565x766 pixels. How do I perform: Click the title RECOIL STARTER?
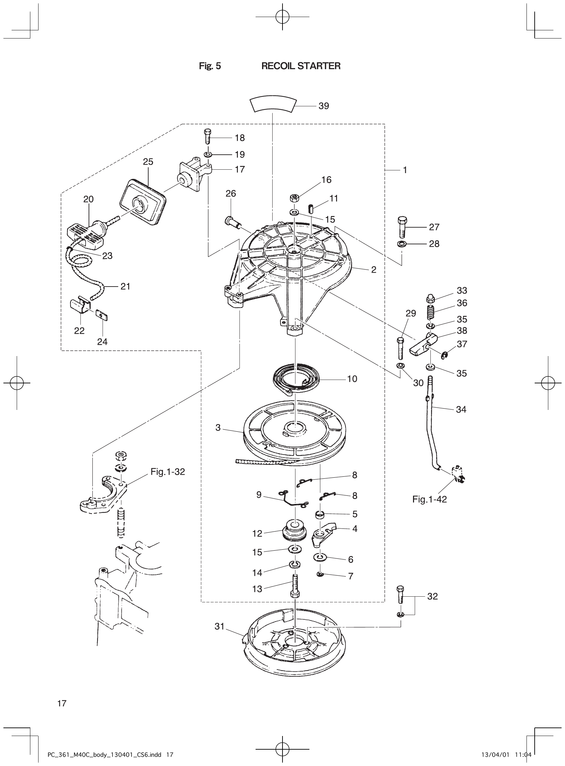click(x=301, y=66)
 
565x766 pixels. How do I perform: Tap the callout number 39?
click(x=323, y=106)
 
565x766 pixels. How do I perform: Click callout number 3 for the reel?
click(x=218, y=428)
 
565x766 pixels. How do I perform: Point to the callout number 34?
click(x=461, y=409)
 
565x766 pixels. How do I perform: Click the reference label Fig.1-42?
click(x=429, y=499)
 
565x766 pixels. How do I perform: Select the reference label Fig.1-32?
click(x=168, y=472)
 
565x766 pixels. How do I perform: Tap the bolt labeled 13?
click(x=294, y=587)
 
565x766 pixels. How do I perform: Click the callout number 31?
click(x=219, y=626)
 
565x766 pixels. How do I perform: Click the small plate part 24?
click(x=102, y=315)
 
